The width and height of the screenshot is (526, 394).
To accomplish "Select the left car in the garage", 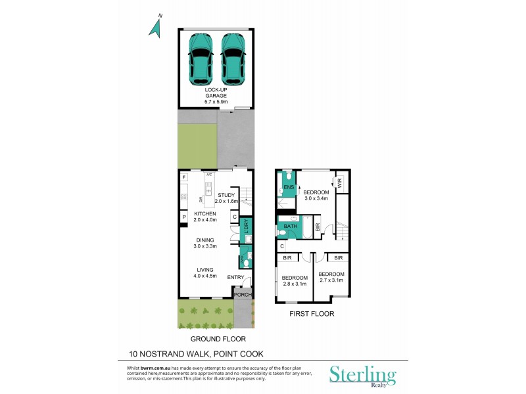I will (201, 58).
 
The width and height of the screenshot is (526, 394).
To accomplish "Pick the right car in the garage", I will (233, 58).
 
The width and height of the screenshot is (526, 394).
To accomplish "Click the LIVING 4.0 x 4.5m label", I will (206, 273).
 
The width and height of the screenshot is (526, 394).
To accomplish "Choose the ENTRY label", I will (235, 278).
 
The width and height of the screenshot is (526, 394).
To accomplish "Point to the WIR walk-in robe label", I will (340, 184).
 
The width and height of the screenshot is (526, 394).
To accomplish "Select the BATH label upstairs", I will (291, 227).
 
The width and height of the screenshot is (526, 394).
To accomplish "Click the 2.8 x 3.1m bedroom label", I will (295, 281).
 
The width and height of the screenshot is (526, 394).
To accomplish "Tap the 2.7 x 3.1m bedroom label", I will (331, 277).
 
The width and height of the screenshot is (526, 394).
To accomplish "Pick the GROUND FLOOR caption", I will (218, 339).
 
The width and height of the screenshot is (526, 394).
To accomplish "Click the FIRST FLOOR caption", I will (312, 314).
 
